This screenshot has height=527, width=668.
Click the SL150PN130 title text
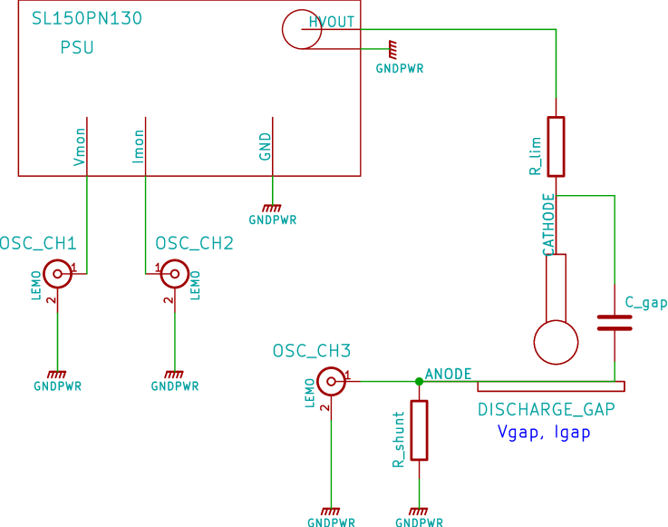pos(86,18)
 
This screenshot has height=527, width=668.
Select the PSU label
pos(77,48)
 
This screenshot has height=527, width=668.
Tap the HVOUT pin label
pos(332,22)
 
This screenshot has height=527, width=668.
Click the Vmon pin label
pos(80,147)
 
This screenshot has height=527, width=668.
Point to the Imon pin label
pos(139,147)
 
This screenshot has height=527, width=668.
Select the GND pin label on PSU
pos(266,147)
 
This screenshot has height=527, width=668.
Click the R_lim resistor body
pos(556,146)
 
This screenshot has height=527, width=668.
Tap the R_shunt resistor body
pos(419,430)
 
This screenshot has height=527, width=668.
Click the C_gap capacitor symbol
pos(615,323)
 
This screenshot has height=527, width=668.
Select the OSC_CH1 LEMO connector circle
pos(58,273)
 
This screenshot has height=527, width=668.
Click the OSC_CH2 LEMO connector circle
pos(174,273)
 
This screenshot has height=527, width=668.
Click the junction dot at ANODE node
pos(419,381)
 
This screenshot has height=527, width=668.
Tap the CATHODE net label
pos(548,224)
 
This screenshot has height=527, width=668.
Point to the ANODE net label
pos(449,373)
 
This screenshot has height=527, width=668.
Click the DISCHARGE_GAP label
pos(546,410)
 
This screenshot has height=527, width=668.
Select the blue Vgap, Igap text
pos(544,433)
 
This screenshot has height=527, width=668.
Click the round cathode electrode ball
pos(556,342)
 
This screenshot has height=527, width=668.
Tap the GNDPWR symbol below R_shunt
pos(419,514)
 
